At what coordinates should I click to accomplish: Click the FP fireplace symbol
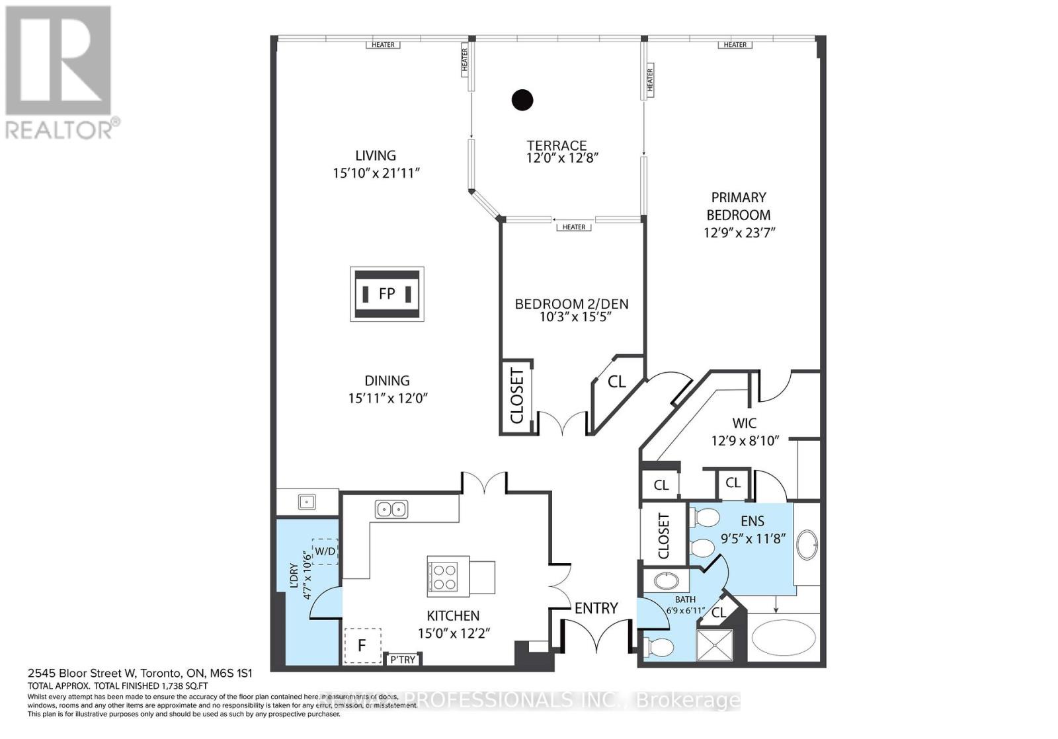pyautogui.click(x=387, y=294)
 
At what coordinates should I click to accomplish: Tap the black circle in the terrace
pyautogui.click(x=522, y=100)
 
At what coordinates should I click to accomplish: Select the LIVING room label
pyautogui.click(x=376, y=155)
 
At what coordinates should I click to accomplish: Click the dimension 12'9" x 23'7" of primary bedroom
pyautogui.click(x=739, y=233)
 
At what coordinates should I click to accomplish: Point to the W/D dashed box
pyautogui.click(x=325, y=551)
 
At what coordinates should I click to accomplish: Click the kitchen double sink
pyautogui.click(x=391, y=509)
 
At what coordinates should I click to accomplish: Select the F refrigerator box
pyautogui.click(x=362, y=645)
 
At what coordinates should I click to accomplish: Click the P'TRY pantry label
pyautogui.click(x=403, y=660)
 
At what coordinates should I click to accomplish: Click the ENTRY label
pyautogui.click(x=596, y=608)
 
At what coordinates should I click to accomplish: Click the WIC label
pyautogui.click(x=745, y=423)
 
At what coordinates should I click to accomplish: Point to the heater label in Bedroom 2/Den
pyautogui.click(x=574, y=227)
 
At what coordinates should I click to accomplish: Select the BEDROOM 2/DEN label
pyautogui.click(x=571, y=304)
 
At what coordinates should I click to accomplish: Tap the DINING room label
pyautogui.click(x=387, y=381)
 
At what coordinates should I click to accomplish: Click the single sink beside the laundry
pyautogui.click(x=307, y=502)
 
